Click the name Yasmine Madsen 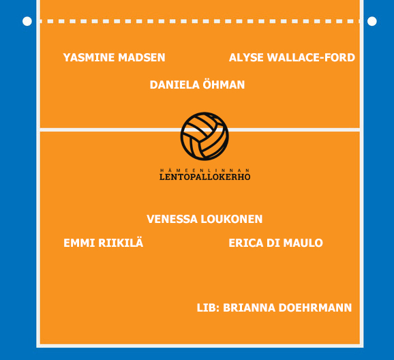pyautogui.click(x=114, y=57)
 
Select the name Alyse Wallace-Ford pyautogui.click(x=292, y=57)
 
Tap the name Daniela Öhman pyautogui.click(x=197, y=85)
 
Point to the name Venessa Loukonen pyautogui.click(x=204, y=220)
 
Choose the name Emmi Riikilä pyautogui.click(x=104, y=242)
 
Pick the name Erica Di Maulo pyautogui.click(x=275, y=243)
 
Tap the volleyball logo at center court pyautogui.click(x=204, y=136)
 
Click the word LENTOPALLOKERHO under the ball pyautogui.click(x=204, y=177)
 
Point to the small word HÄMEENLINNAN pyautogui.click(x=204, y=170)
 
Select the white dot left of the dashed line pyautogui.click(x=27, y=21)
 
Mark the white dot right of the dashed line pyautogui.click(x=372, y=21)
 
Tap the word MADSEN pyautogui.click(x=142, y=57)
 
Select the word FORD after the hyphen pyautogui.click(x=339, y=57)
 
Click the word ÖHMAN pyautogui.click(x=224, y=85)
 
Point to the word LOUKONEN pyautogui.click(x=232, y=220)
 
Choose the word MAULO pyautogui.click(x=303, y=243)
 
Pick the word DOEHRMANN pyautogui.click(x=316, y=308)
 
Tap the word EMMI pyautogui.click(x=79, y=243)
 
